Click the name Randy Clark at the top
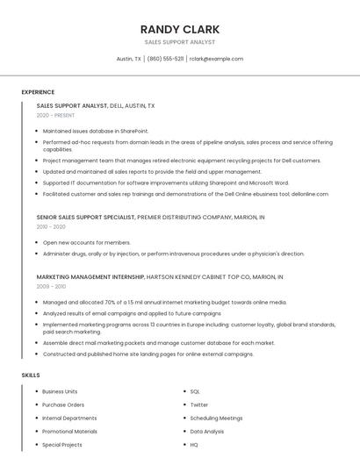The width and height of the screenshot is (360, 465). coord(179,29)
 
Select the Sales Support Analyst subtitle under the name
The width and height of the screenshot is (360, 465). coord(179,42)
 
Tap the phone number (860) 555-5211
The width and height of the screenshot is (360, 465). coord(165,59)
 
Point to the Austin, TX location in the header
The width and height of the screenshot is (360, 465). coord(129,59)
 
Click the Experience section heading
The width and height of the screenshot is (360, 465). coord(38,92)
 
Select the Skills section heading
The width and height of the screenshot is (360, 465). coord(30,375)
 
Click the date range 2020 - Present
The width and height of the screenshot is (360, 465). coord(56,116)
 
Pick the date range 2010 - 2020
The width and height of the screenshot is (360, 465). coord(51,226)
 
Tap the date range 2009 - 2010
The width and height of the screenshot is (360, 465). coord(51,286)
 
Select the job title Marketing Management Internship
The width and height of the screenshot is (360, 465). coord(90,276)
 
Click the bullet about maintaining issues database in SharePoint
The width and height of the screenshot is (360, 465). coord(96,131)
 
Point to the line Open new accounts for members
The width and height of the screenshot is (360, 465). coord(86,242)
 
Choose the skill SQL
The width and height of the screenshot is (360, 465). coord(195,391)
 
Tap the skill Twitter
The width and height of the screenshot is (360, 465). coord(199,404)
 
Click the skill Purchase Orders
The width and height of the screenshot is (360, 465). coord(63,404)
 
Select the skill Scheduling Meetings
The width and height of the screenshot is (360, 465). coord(216,418)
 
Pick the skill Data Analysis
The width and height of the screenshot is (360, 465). coord(207,432)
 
